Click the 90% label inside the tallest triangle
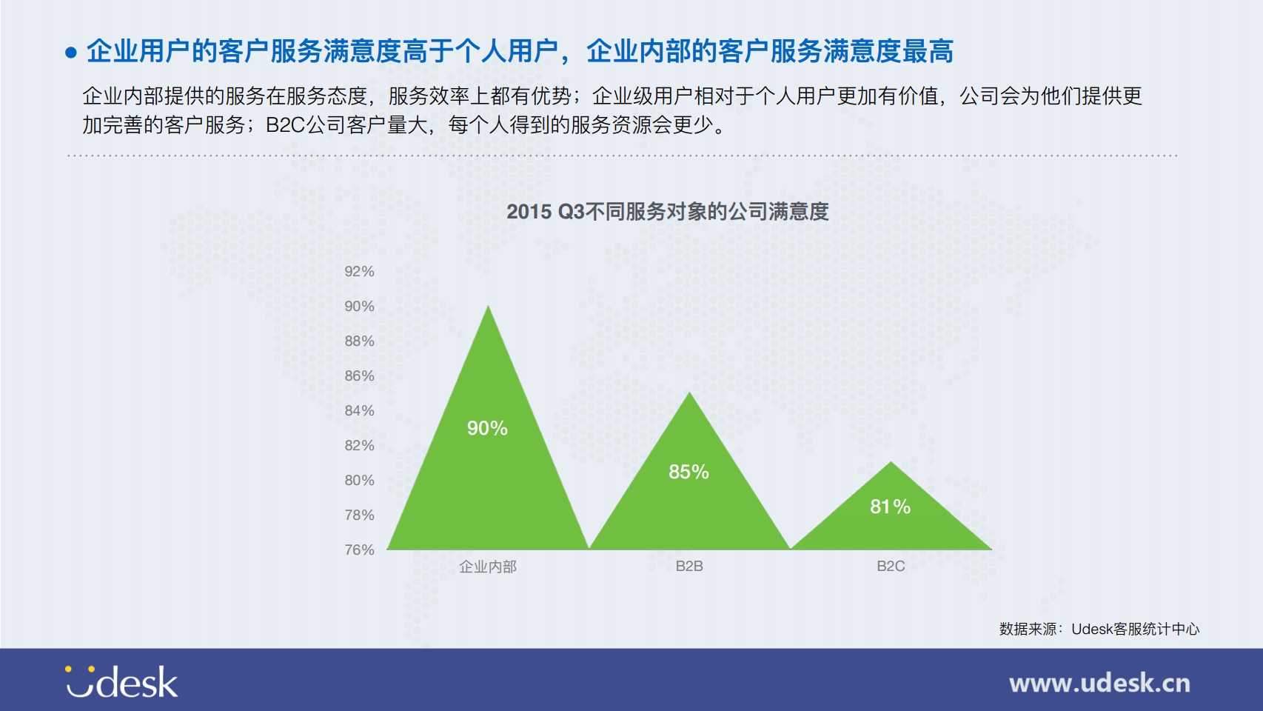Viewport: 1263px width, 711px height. tap(487, 428)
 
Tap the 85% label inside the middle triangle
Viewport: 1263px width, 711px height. tap(689, 472)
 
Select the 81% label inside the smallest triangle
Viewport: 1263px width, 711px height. tap(891, 507)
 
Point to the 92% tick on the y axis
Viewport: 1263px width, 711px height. tap(359, 271)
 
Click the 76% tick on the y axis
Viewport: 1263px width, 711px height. tap(359, 550)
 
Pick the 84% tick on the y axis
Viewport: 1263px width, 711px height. tap(359, 411)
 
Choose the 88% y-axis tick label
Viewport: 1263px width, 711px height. tap(359, 341)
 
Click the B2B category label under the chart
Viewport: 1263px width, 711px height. tap(689, 566)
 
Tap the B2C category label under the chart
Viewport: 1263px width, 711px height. tap(891, 566)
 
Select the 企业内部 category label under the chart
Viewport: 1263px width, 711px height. tap(488, 567)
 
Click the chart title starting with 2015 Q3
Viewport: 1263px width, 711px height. tap(668, 212)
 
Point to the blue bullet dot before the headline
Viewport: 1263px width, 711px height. tap(71, 53)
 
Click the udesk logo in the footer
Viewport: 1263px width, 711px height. tap(121, 681)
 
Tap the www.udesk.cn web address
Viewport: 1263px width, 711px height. tap(1099, 684)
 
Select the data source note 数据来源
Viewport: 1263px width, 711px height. tap(1099, 630)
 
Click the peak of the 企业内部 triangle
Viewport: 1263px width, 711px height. tap(488, 306)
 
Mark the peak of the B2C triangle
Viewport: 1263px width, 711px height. tap(891, 462)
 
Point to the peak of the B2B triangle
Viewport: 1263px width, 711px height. tap(689, 393)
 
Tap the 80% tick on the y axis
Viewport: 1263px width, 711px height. tap(359, 480)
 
